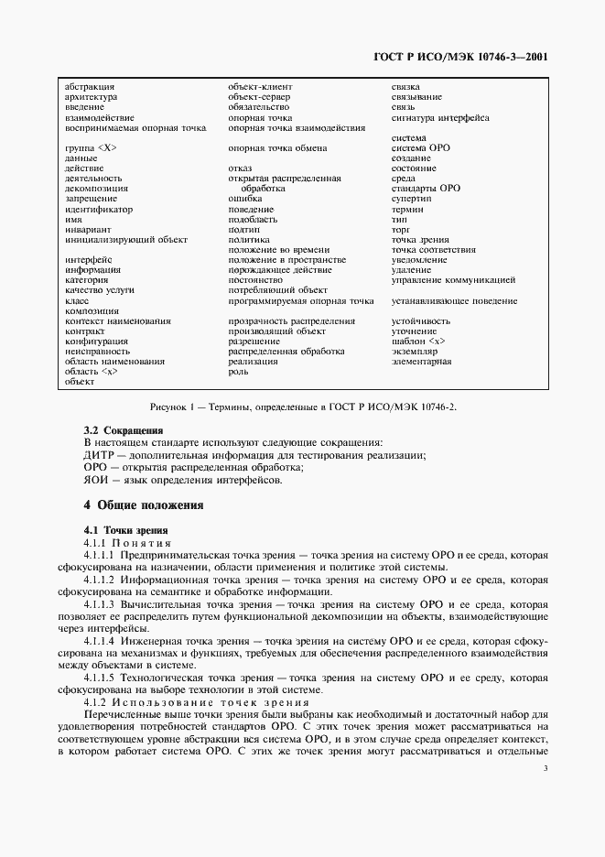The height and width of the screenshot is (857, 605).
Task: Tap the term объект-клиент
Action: tap(260, 86)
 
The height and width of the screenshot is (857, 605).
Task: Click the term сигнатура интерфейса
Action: tap(440, 118)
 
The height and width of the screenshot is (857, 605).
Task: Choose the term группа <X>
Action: tap(85, 148)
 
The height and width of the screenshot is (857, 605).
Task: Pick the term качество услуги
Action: tap(100, 290)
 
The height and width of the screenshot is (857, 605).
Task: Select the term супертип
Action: tap(411, 199)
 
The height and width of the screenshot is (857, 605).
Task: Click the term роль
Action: tap(238, 372)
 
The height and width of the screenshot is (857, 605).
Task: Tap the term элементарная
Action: tap(422, 362)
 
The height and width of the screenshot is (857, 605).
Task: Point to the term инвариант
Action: tap(88, 229)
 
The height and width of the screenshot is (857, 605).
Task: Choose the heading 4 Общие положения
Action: tap(143, 505)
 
